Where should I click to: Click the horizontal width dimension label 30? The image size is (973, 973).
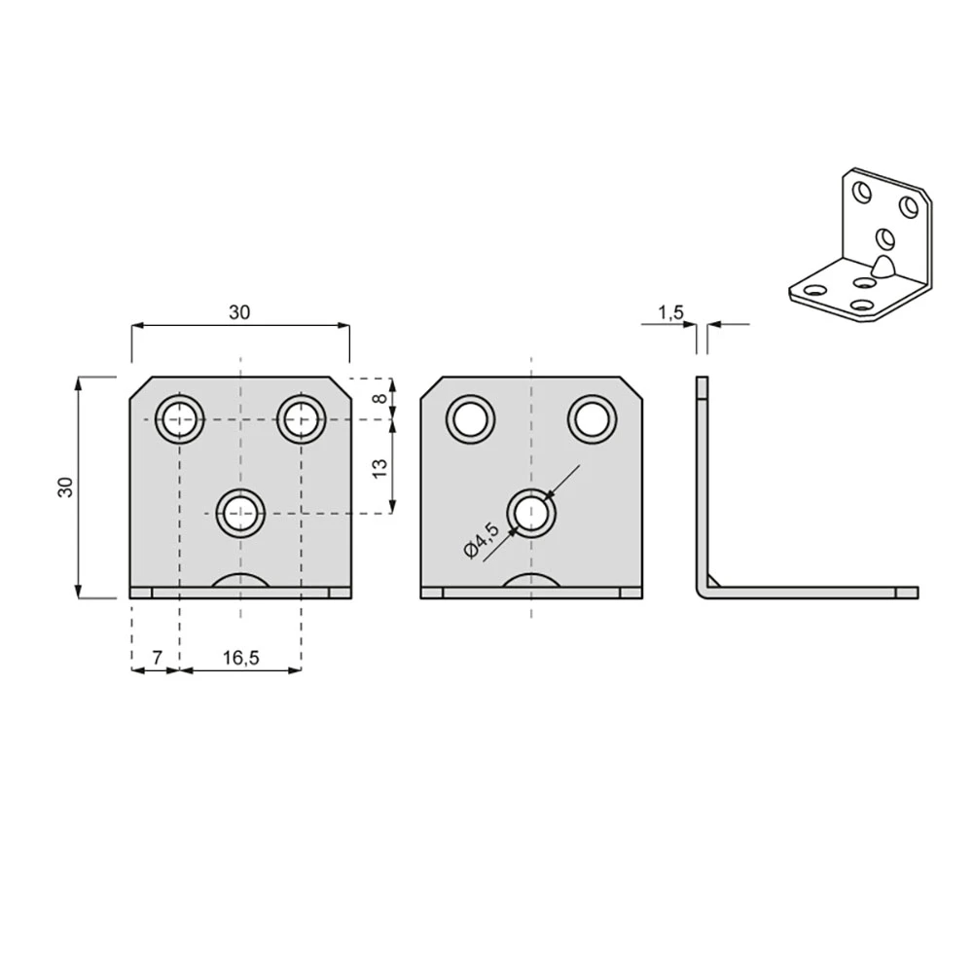pyautogui.click(x=239, y=312)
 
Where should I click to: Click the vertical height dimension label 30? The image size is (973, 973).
pyautogui.click(x=65, y=487)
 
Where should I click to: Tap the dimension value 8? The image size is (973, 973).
pyautogui.click(x=379, y=398)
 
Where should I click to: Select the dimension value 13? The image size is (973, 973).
pyautogui.click(x=379, y=468)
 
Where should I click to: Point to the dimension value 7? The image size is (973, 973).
pyautogui.click(x=157, y=657)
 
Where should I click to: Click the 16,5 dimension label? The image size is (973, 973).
pyautogui.click(x=240, y=658)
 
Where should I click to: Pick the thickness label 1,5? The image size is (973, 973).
pyautogui.click(x=670, y=312)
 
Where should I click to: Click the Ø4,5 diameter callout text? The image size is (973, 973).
pyautogui.click(x=482, y=540)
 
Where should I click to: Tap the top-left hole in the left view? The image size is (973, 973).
pyautogui.click(x=179, y=419)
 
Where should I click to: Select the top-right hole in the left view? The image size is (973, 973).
pyautogui.click(x=301, y=419)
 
